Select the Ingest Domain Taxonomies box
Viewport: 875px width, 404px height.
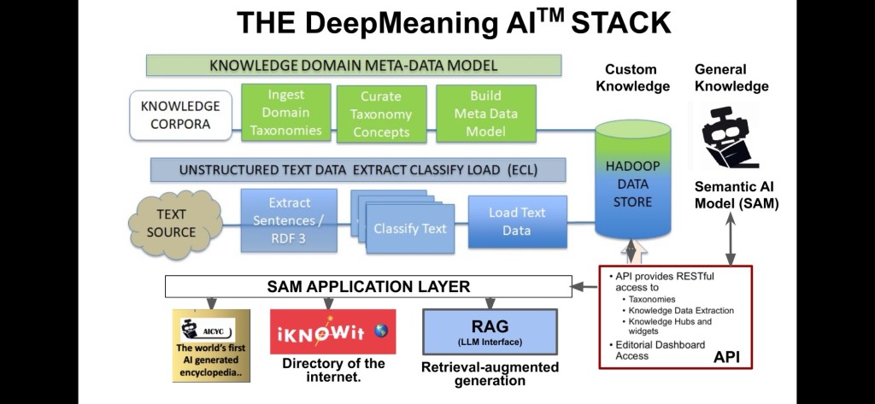coord(285,112)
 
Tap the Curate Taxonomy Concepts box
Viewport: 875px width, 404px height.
coord(381,114)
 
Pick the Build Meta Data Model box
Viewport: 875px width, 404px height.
coord(485,112)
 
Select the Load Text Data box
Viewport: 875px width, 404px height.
coord(517,220)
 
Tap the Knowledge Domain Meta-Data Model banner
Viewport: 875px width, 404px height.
coord(353,66)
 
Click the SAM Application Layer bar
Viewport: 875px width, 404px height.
coord(368,286)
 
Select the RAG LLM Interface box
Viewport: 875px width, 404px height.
coord(490,331)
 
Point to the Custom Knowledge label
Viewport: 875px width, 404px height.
coord(632,77)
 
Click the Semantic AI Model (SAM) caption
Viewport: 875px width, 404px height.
coord(736,195)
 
